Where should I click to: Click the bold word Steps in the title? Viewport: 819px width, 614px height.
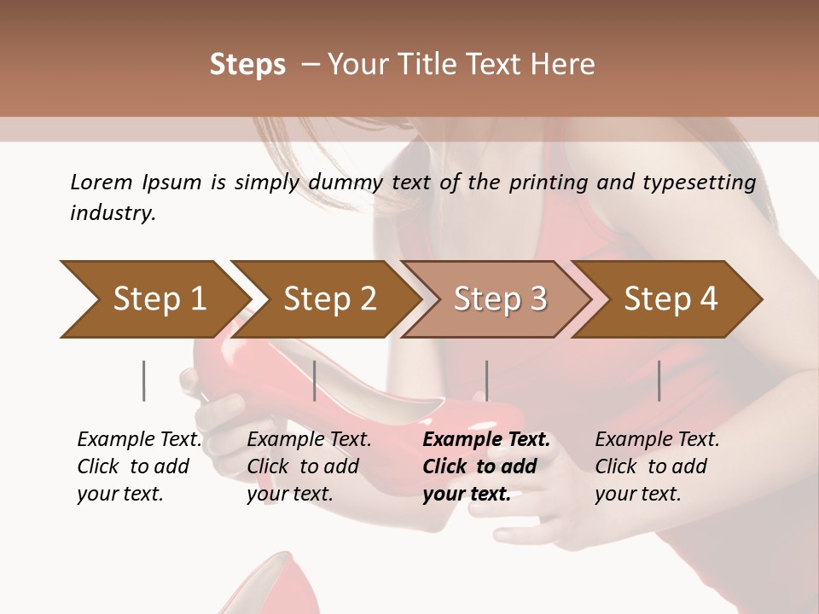[x=247, y=65]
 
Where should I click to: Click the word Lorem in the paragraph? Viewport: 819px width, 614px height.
[x=101, y=182]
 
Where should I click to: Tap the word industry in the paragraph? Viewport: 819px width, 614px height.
[x=112, y=213]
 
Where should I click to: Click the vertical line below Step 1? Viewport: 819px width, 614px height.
[x=144, y=380]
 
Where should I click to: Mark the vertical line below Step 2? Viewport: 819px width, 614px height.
[x=315, y=380]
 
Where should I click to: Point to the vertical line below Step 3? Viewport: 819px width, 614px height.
[x=486, y=380]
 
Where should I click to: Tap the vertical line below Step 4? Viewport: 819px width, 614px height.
[x=659, y=380]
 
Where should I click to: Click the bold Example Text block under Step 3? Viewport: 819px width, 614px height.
[x=486, y=466]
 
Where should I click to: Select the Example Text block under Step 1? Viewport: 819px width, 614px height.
[x=139, y=466]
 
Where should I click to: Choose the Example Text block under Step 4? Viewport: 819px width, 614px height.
[x=657, y=466]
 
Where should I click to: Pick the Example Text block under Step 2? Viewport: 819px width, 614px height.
[x=309, y=466]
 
